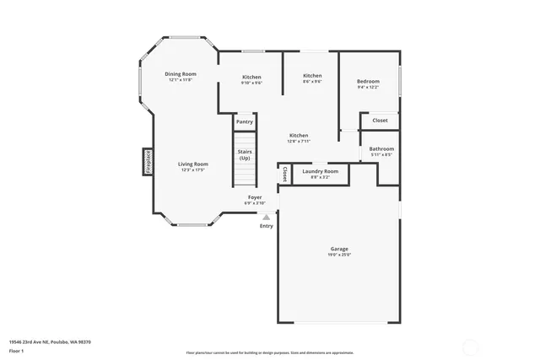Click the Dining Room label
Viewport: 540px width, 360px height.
pyautogui.click(x=180, y=74)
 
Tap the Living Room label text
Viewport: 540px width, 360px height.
pyautogui.click(x=192, y=164)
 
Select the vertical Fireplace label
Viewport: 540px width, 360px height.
pyautogui.click(x=147, y=162)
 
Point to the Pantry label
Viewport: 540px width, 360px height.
pyautogui.click(x=245, y=122)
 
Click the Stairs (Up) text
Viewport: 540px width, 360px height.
pyautogui.click(x=245, y=155)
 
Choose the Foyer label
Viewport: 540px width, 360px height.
pyautogui.click(x=255, y=196)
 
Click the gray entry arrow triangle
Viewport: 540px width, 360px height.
pyautogui.click(x=267, y=217)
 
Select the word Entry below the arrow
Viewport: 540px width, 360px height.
pyautogui.click(x=267, y=226)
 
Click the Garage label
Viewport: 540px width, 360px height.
pyautogui.click(x=339, y=249)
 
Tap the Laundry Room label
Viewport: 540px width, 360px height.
pyautogui.click(x=320, y=171)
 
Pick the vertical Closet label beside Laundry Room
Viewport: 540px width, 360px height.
pyautogui.click(x=285, y=174)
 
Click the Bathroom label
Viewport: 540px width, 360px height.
pyautogui.click(x=381, y=149)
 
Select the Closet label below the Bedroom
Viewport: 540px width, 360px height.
pyautogui.click(x=381, y=121)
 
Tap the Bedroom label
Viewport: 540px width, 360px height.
pyautogui.click(x=369, y=81)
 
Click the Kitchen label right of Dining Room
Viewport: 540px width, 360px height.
pyautogui.click(x=251, y=77)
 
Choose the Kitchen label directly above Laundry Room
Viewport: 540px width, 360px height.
pyautogui.click(x=299, y=135)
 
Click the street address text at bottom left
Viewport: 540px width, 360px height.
pyautogui.click(x=50, y=341)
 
